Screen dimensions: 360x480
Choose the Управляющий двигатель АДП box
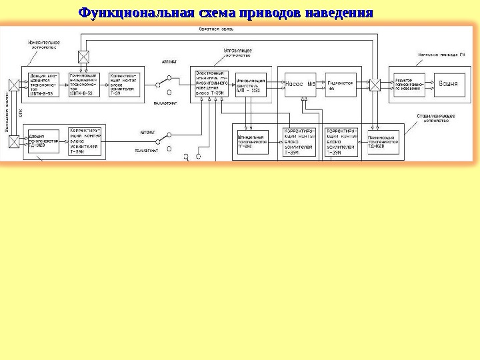[251, 85]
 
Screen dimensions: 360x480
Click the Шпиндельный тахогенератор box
[251, 141]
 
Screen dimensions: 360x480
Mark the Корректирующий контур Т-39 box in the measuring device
[123, 85]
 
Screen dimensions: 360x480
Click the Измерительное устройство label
[44, 45]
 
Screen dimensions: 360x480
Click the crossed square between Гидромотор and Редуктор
[376, 85]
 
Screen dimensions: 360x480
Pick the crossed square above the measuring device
[83, 56]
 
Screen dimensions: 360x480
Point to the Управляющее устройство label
[237, 53]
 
